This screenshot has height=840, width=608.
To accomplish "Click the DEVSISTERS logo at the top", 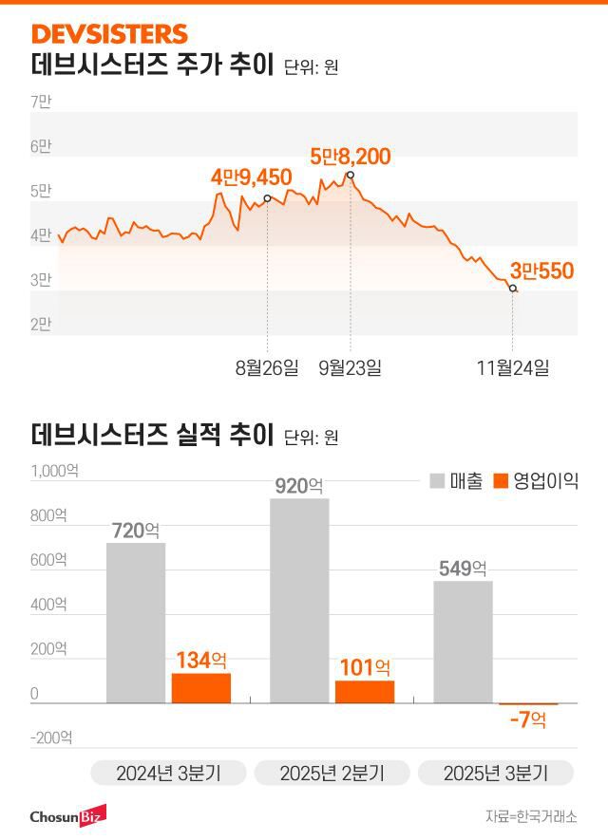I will (109, 34).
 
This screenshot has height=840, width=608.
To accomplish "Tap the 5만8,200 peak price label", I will (351, 157).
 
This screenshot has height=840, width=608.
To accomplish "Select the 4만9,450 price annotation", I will (251, 177).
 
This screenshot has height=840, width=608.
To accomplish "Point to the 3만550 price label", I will (541, 271).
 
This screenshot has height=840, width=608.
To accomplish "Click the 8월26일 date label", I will (266, 367).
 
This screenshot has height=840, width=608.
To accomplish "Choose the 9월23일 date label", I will (350, 367).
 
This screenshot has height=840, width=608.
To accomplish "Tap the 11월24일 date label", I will (513, 367).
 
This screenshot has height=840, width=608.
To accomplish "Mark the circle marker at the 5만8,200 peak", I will (351, 175).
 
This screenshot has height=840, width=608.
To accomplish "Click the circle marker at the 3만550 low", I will (513, 288).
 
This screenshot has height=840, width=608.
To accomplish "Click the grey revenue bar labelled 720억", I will (136, 623).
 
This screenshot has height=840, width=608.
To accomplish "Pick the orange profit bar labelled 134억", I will (201, 688).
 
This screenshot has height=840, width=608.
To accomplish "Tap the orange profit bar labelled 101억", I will (365, 692).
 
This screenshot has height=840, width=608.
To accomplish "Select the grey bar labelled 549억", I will (463, 642).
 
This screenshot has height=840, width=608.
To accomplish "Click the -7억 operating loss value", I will (527, 720).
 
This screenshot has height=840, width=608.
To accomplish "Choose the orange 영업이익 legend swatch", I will (502, 480).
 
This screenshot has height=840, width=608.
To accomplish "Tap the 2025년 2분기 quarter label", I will (332, 773).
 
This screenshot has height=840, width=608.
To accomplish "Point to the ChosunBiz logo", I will (66, 815).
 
